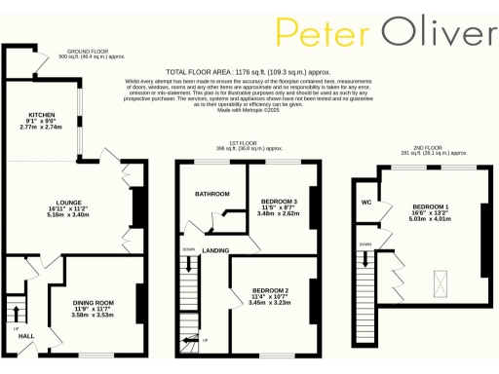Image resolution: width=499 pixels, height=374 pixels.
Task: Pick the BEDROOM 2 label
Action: (271, 290)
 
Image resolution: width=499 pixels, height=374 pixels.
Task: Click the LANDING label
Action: (215, 250)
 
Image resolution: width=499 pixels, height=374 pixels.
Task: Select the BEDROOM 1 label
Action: (431, 207)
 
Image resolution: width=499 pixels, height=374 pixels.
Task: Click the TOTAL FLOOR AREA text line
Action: (254, 72)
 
